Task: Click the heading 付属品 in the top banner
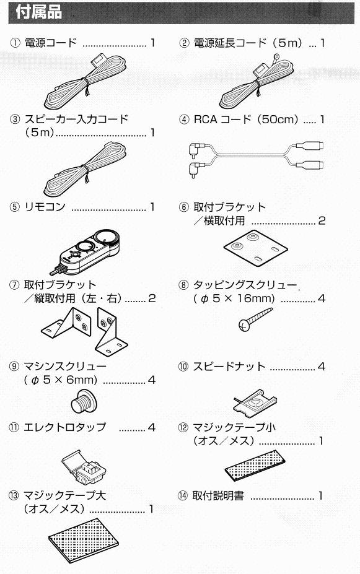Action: pos(38,12)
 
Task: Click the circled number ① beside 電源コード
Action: pos(15,43)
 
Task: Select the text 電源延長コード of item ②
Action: pos(230,43)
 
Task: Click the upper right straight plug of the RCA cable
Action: pos(310,146)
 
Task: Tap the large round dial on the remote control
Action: pos(105,237)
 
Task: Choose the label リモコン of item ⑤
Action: pos(45,207)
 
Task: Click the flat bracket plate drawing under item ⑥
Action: pos(256,248)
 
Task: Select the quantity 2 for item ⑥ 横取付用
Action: pos(322,220)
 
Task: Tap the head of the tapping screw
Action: pos(244,324)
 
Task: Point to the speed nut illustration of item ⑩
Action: pos(255,402)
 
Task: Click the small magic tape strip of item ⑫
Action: pos(255,465)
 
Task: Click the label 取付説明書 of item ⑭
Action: pos(218,496)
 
